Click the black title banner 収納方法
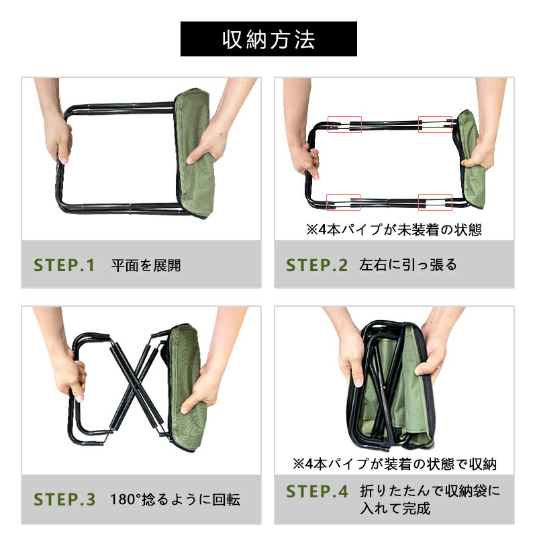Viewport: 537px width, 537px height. coord(268,39)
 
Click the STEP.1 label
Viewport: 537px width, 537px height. coord(64,265)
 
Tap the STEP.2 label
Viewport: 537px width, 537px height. coord(317,265)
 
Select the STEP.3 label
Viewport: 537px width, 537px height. coord(64,499)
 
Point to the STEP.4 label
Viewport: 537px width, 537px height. coord(317,491)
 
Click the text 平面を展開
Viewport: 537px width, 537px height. coord(146,265)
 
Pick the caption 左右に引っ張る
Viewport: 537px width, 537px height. coord(408,265)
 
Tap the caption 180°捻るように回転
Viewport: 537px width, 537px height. coord(175,499)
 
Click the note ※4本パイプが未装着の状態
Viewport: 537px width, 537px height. coord(394,230)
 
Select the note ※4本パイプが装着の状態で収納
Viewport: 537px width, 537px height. coord(395,464)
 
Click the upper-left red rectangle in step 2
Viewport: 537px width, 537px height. coord(344,124)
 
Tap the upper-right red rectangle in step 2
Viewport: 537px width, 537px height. coord(435,124)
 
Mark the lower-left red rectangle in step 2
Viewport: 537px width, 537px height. coord(343,202)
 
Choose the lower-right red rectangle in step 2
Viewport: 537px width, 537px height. coord(435,202)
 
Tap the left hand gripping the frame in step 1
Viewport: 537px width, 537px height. coord(58,137)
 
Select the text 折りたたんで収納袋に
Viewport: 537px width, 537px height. coord(430,491)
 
